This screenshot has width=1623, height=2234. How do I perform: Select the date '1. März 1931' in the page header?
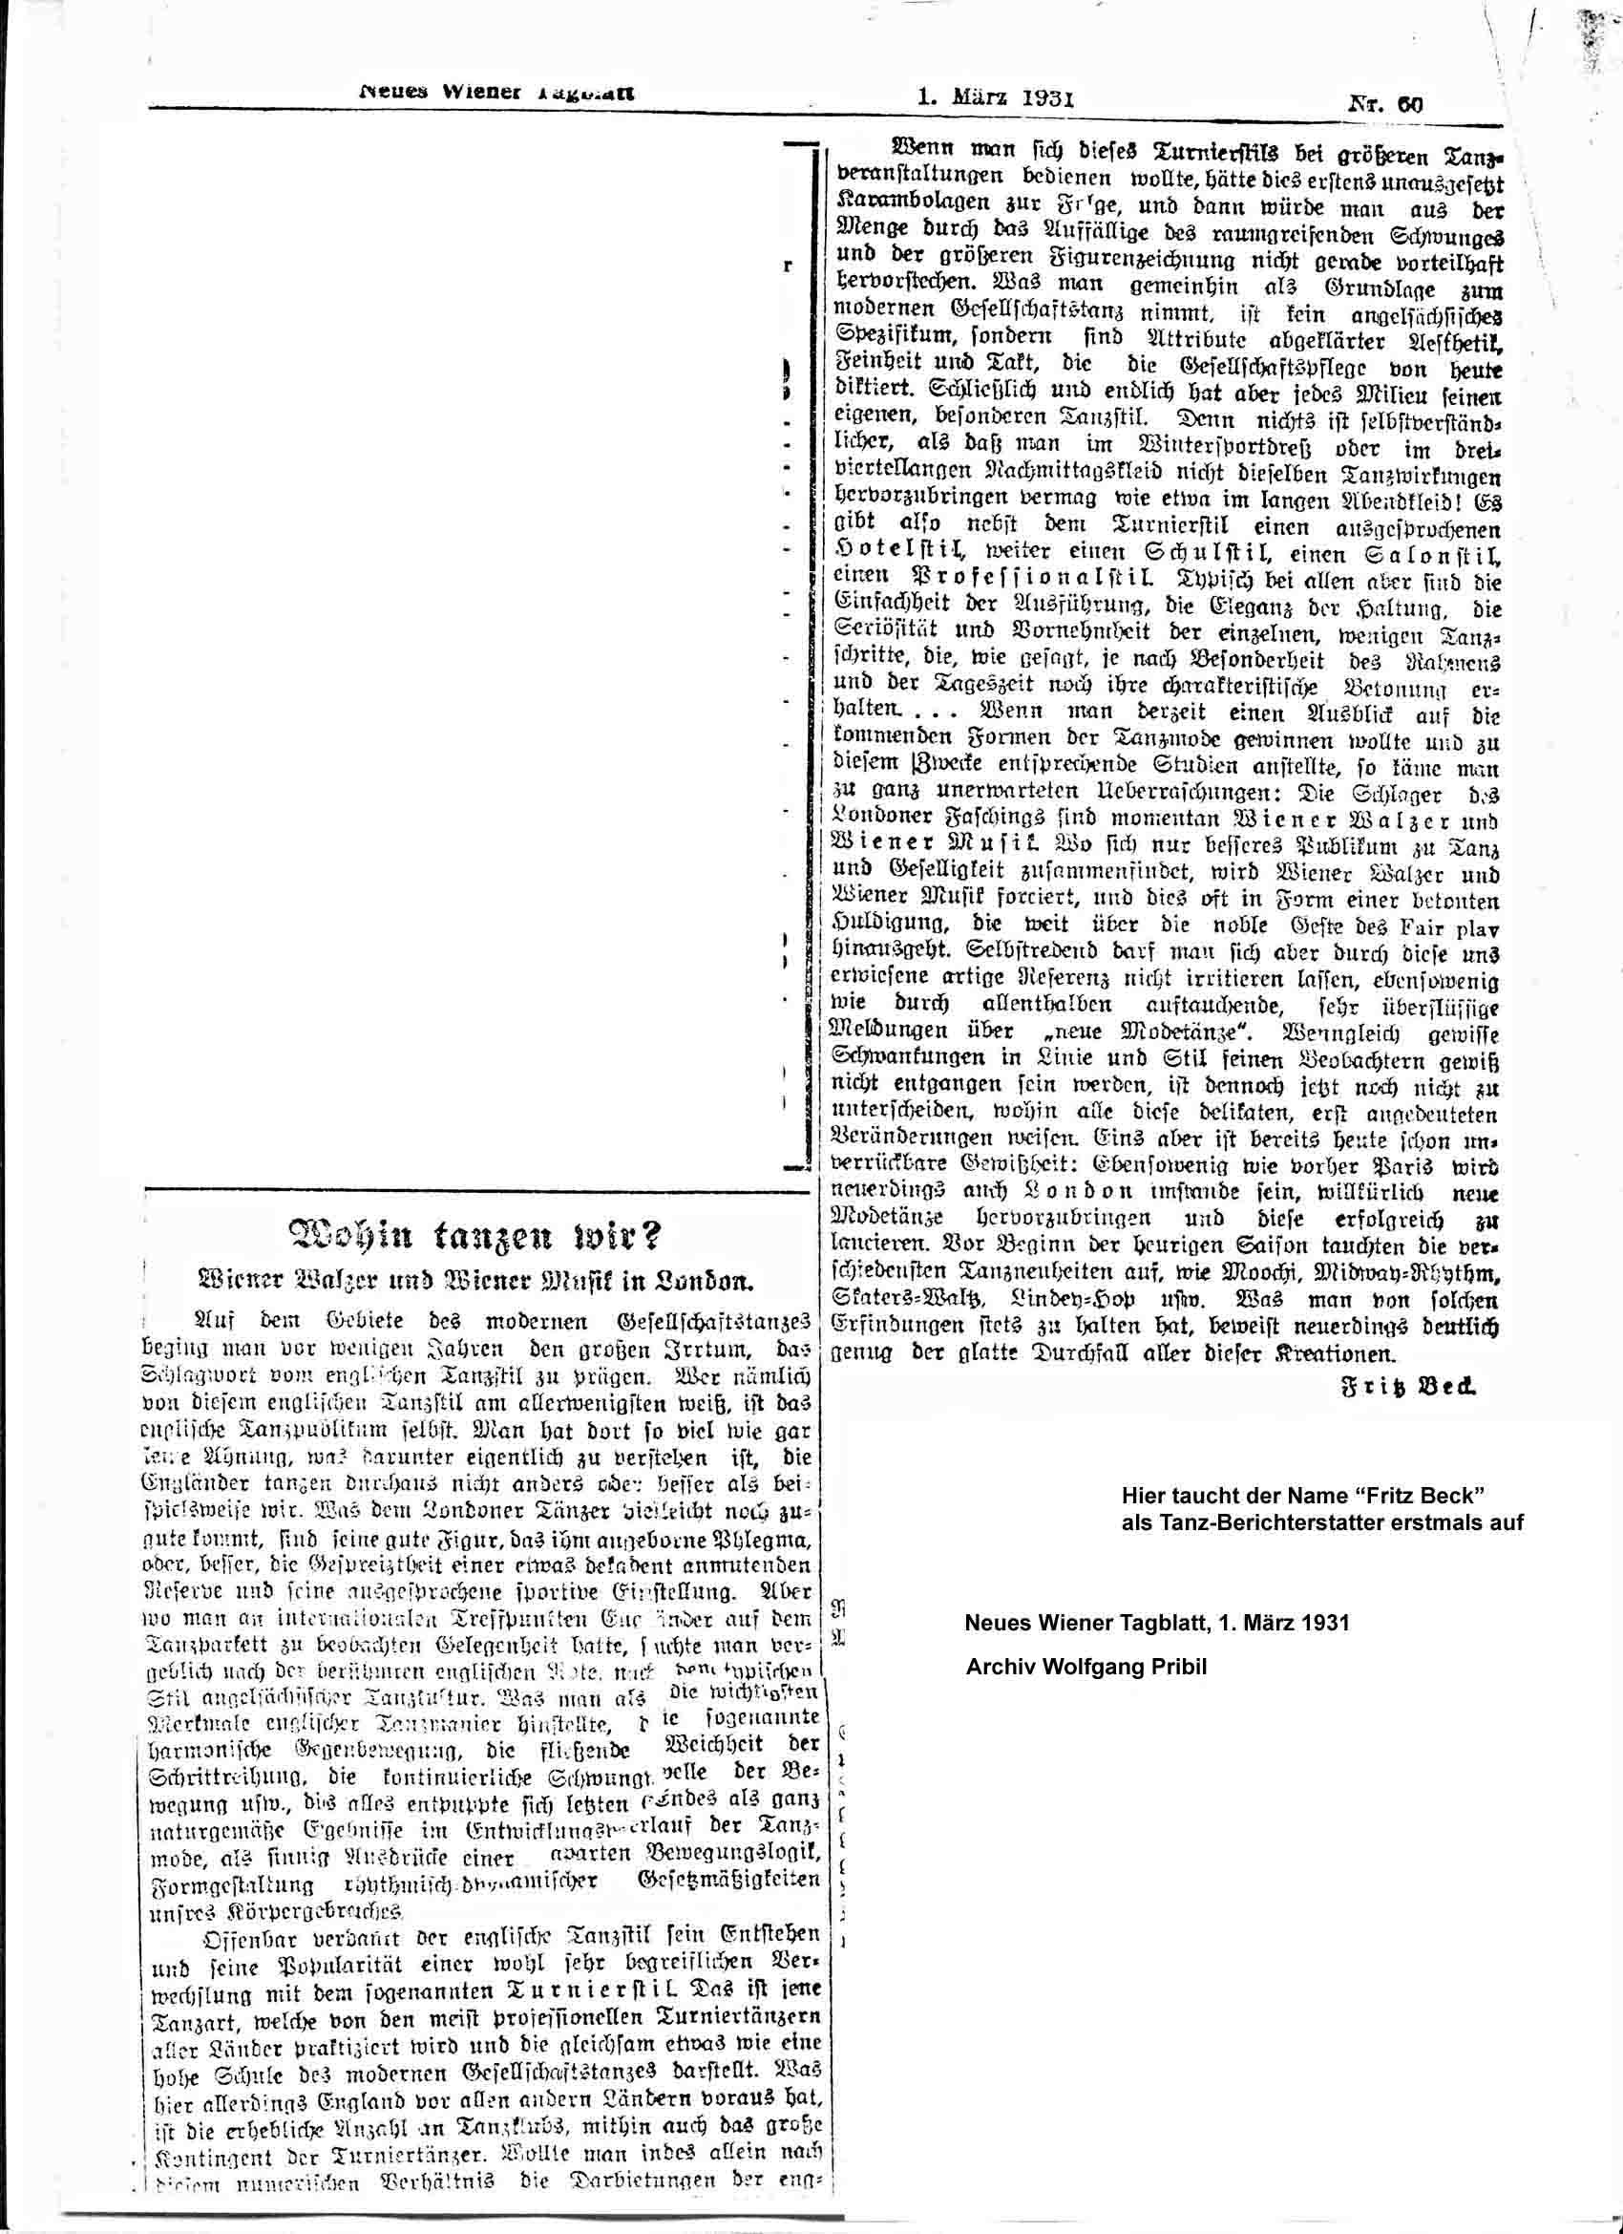[x=995, y=97]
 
